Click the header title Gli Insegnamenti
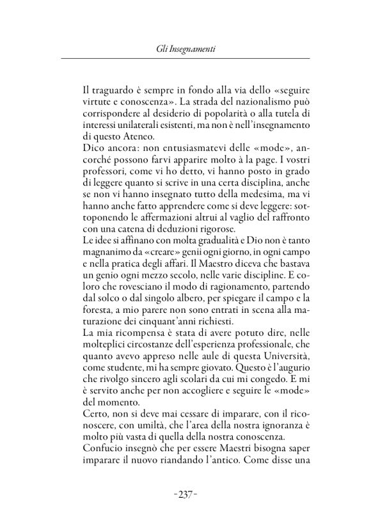pos(185,47)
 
